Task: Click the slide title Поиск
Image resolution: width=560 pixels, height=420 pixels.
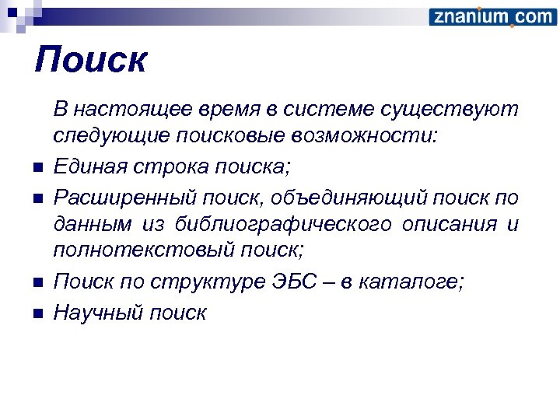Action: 90,60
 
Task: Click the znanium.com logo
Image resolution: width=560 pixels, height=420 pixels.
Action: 492,16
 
